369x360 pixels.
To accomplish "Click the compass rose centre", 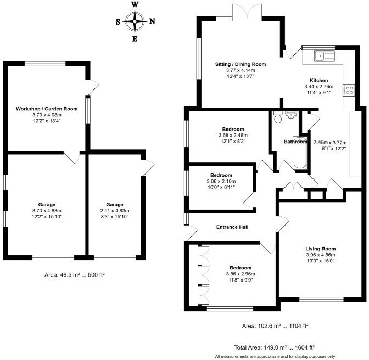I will pos(135,22).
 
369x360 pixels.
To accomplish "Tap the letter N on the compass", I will pos(152,22).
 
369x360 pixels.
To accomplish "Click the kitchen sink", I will pos(320,54).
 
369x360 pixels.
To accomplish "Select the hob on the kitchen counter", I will pos(348,90).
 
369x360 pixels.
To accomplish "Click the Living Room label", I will pos(321,248).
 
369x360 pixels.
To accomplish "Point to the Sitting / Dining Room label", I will pos(240,64).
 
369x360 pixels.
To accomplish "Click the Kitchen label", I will pos(319,80).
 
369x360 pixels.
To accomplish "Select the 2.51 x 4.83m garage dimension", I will pos(115,210).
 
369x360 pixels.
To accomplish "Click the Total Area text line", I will pos(275,347).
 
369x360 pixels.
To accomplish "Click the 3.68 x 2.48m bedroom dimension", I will pos(230,135).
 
